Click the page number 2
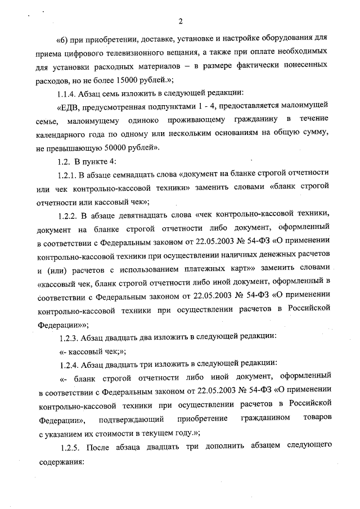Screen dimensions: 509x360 (x=180, y=22)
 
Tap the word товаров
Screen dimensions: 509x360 (x=318, y=420)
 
